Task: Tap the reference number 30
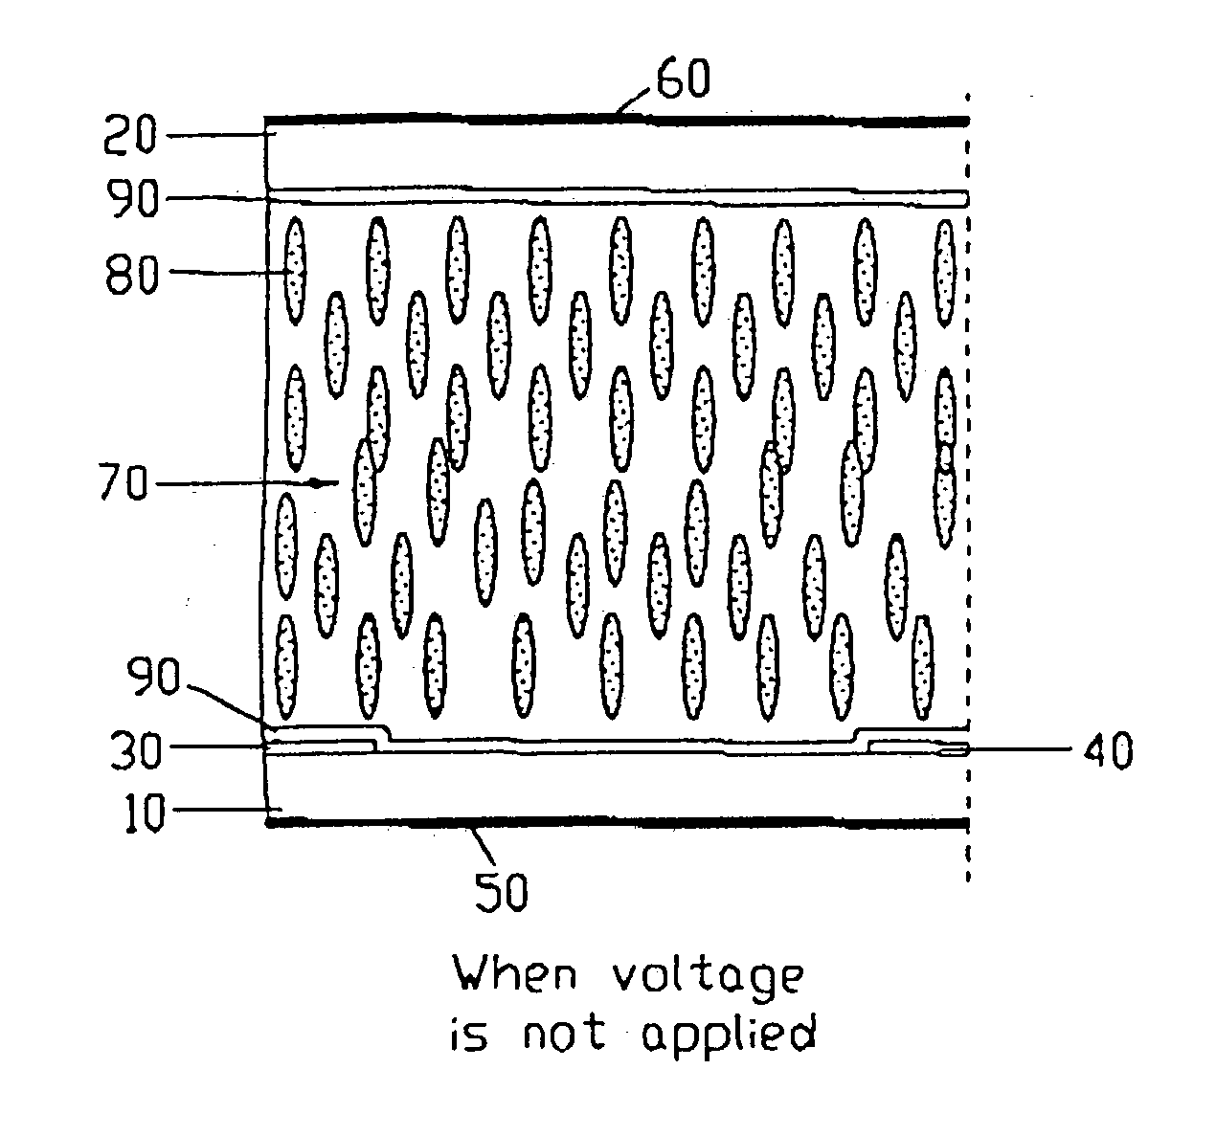point(144,748)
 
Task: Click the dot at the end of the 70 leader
point(312,484)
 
